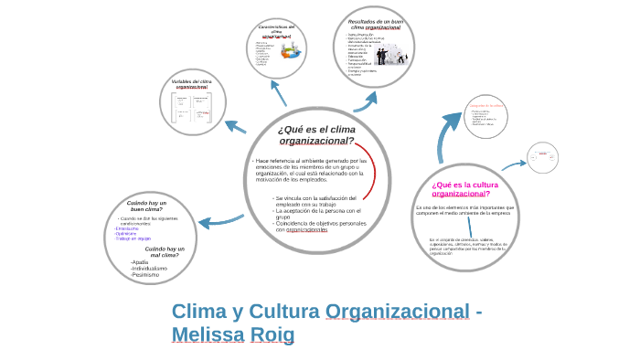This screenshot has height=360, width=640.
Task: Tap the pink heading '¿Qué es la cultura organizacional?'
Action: tap(461, 189)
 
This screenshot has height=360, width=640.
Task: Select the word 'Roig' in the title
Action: tap(272, 335)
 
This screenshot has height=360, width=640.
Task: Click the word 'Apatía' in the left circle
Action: tap(140, 262)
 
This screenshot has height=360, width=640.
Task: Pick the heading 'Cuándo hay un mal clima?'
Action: tap(165, 251)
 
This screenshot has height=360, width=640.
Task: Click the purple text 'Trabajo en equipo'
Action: tap(133, 238)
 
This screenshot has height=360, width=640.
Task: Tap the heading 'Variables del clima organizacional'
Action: tap(192, 84)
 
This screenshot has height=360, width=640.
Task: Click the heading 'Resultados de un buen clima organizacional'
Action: tap(375, 25)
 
